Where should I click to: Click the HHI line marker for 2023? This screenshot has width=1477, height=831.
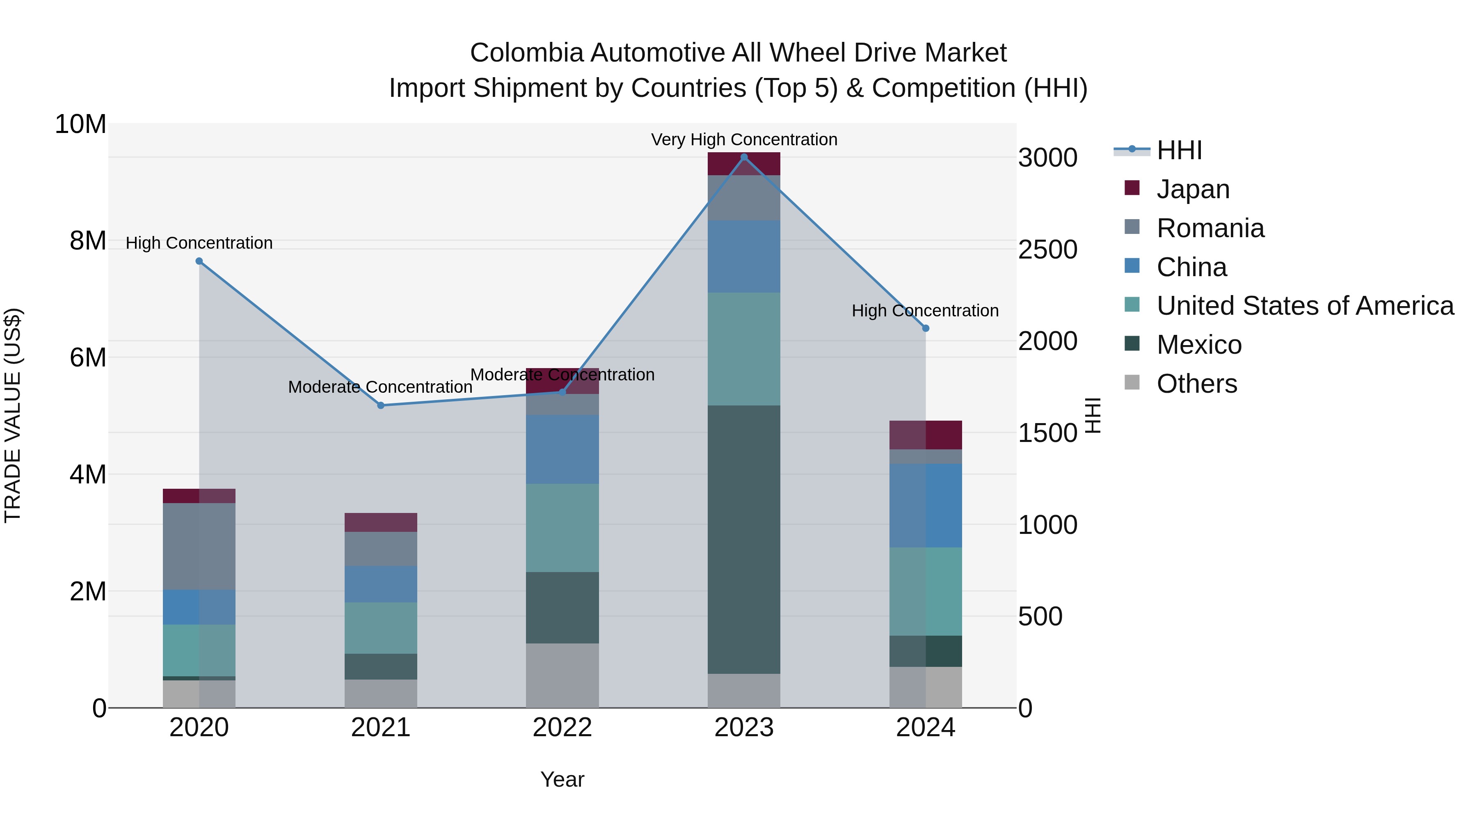[x=744, y=157]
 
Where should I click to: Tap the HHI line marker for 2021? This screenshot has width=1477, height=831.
[x=381, y=405]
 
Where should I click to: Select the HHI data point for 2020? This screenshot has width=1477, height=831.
[x=199, y=261]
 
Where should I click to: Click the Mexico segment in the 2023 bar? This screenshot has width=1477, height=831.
[x=744, y=539]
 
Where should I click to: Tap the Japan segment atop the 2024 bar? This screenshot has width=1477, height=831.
[x=926, y=435]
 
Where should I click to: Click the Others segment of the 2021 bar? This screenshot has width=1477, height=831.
[x=381, y=694]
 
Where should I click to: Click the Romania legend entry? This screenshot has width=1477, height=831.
[x=1210, y=228]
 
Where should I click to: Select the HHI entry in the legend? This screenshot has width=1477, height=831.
[x=1179, y=150]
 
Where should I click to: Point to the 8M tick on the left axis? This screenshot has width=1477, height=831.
[x=88, y=241]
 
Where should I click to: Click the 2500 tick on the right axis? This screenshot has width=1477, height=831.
[x=1047, y=250]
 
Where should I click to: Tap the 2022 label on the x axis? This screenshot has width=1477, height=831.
[x=562, y=728]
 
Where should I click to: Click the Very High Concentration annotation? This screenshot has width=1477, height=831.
[x=744, y=140]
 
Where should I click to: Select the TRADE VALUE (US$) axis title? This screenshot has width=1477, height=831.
[x=13, y=415]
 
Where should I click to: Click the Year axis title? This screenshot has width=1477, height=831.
[x=562, y=779]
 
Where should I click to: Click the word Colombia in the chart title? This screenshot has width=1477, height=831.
[x=526, y=53]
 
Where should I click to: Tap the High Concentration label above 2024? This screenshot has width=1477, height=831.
[x=925, y=310]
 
